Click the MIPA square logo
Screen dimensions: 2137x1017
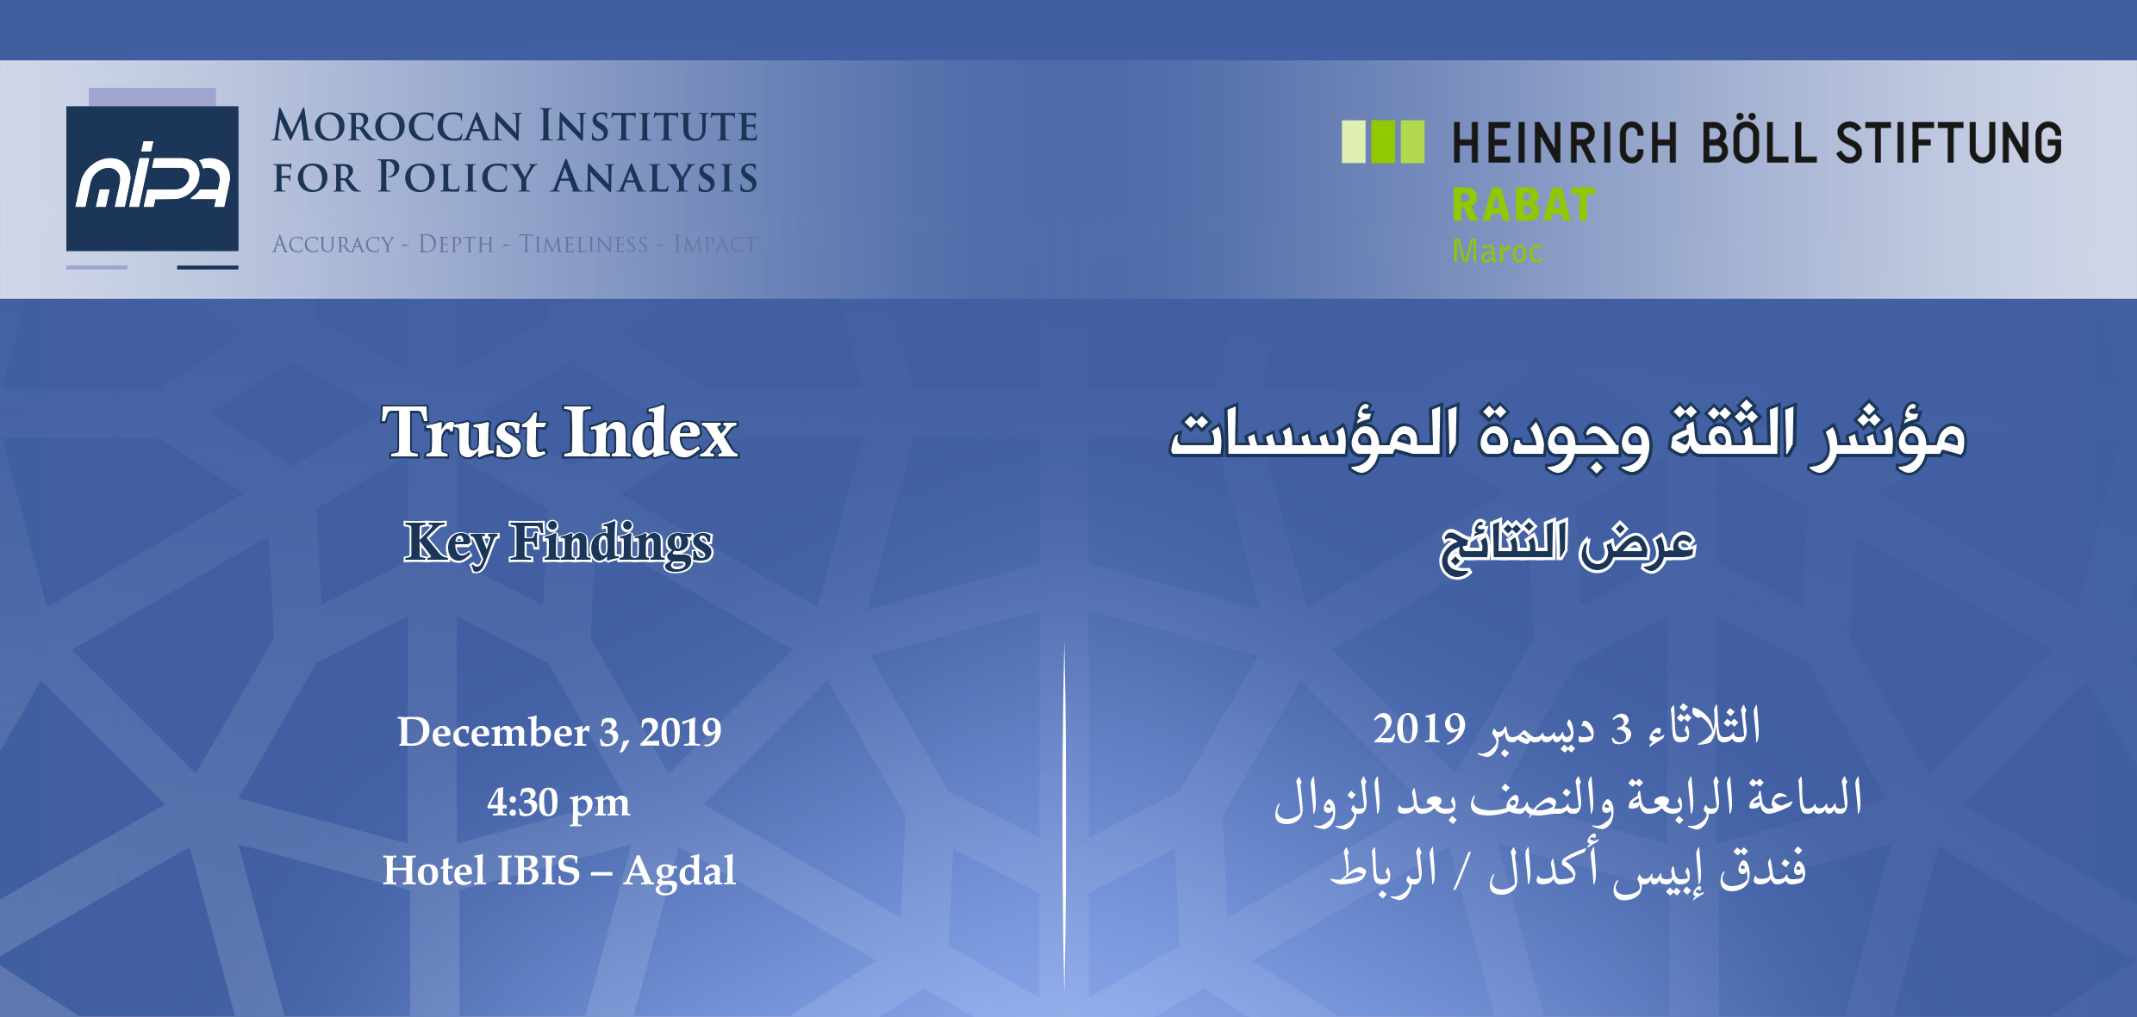point(153,178)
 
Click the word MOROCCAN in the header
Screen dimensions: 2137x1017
point(397,126)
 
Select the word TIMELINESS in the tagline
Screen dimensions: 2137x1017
point(583,245)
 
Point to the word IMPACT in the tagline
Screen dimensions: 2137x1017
point(715,245)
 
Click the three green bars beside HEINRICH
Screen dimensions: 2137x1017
point(1383,142)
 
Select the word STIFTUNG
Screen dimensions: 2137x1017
point(1949,142)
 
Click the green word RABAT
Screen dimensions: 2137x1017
point(1523,205)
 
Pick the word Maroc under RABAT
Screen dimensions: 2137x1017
point(1497,251)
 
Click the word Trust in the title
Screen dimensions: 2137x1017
point(464,432)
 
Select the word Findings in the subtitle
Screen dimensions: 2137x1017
point(611,543)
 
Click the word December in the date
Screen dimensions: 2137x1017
point(493,732)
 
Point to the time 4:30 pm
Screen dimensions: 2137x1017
point(558,803)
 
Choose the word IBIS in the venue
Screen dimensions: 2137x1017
point(538,870)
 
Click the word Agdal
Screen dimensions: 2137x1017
point(679,871)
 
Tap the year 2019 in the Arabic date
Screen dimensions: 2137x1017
point(1419,729)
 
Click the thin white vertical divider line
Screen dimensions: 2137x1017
point(1064,818)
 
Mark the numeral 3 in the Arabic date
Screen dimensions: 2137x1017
point(1622,730)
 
